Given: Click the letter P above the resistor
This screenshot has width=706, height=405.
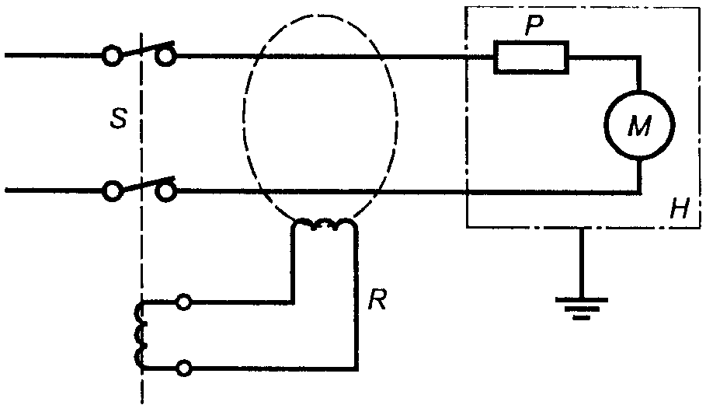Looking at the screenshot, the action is (x=534, y=27).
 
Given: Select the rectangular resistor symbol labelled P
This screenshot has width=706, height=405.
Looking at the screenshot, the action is (x=531, y=57).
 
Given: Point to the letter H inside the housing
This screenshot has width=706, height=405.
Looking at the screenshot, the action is (x=680, y=208).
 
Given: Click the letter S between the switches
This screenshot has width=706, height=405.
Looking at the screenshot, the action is (x=119, y=118).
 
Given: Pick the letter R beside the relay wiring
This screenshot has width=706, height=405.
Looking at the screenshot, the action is (x=377, y=299).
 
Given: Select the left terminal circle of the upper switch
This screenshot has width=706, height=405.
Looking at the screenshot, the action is (x=112, y=55).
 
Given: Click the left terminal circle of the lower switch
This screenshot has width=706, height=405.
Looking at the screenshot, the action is (x=112, y=191).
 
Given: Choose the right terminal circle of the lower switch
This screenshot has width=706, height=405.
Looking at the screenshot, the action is (x=166, y=191).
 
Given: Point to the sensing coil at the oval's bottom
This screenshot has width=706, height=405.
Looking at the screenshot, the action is (x=324, y=224).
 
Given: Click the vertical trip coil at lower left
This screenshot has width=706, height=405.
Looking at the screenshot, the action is (x=141, y=335).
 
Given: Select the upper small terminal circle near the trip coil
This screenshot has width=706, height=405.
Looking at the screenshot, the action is (x=183, y=302).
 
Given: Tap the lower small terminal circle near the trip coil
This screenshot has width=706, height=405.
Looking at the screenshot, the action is (x=183, y=368).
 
